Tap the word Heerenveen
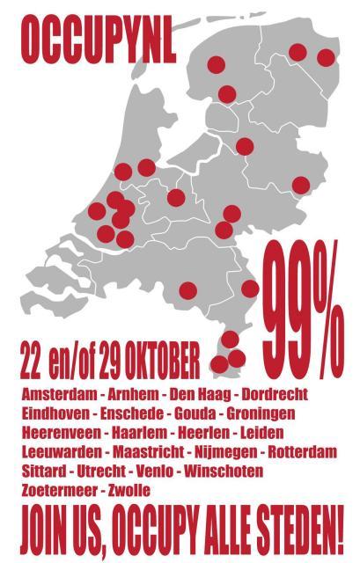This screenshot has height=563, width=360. click(61, 432)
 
